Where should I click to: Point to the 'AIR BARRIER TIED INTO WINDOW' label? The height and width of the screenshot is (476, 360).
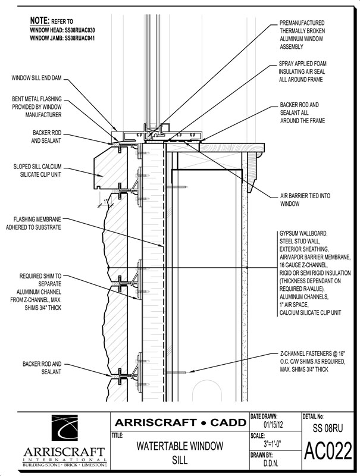[x=306, y=199]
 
